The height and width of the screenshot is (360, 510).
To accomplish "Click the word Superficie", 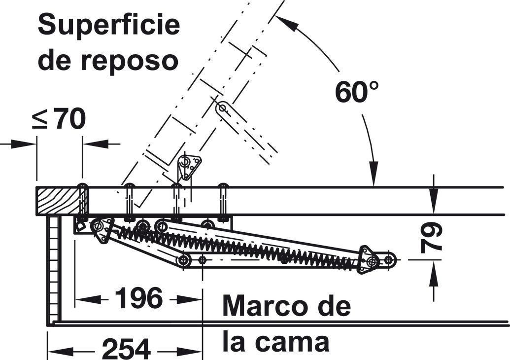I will click(109, 25).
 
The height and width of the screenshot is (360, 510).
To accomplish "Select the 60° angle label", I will click(357, 92).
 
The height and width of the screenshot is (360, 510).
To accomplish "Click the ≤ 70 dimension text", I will click(59, 119).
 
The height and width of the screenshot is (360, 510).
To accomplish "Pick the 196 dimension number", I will click(138, 298).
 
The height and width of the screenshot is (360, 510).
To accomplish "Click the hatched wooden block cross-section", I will click(58, 201).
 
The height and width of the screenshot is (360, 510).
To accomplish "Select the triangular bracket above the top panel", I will click(189, 167).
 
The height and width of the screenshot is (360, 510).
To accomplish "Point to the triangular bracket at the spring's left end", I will click(101, 230).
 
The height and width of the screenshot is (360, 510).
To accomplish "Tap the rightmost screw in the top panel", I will click(223, 201).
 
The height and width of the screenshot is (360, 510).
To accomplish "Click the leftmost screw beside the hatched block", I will click(83, 201).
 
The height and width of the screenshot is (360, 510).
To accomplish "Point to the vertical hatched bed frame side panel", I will click(53, 269).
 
